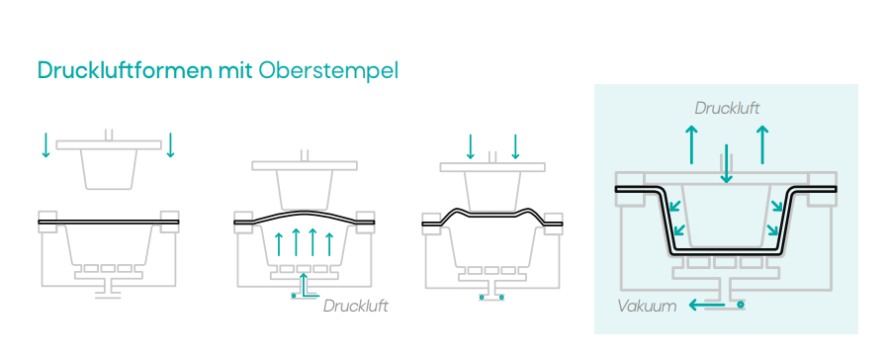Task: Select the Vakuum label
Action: (647, 306)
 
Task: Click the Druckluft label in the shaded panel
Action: (727, 107)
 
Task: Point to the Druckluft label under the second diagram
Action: (355, 306)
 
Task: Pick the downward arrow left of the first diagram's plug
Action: (45, 144)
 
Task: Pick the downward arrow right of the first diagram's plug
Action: (171, 144)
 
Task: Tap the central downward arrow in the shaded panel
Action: (727, 162)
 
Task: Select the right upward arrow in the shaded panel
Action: (760, 144)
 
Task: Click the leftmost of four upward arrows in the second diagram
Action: (279, 243)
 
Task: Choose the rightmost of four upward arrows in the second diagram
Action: (330, 243)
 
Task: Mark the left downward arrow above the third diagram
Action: (471, 146)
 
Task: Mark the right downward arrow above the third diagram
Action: (515, 146)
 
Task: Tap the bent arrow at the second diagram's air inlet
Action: (305, 286)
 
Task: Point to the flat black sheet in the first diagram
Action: (108, 223)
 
